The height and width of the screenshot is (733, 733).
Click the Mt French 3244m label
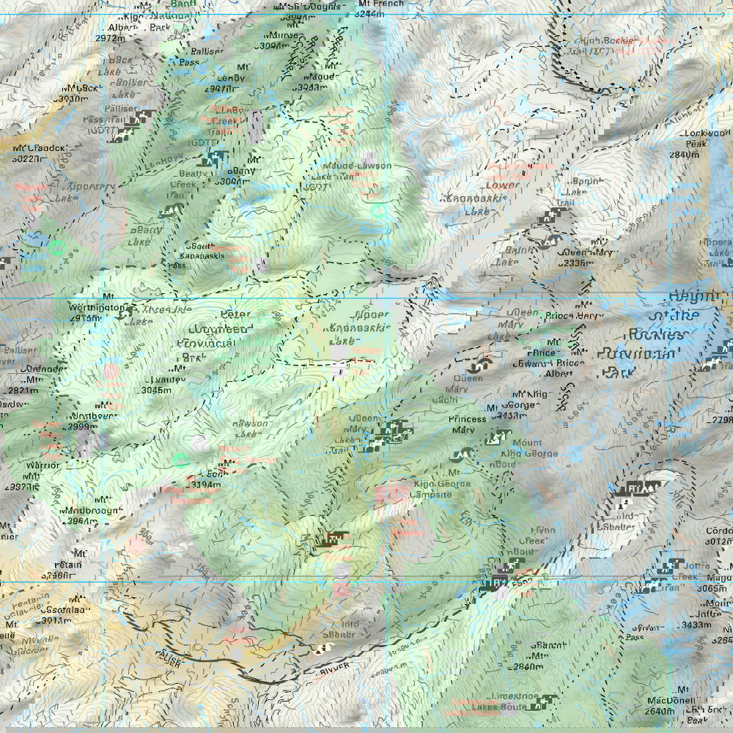point(378,8)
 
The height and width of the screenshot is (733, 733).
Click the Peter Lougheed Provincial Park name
point(212,340)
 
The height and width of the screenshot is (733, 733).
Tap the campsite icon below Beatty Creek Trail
point(170,211)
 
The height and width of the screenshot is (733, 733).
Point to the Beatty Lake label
point(145,235)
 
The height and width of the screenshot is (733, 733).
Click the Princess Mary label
point(468,424)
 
